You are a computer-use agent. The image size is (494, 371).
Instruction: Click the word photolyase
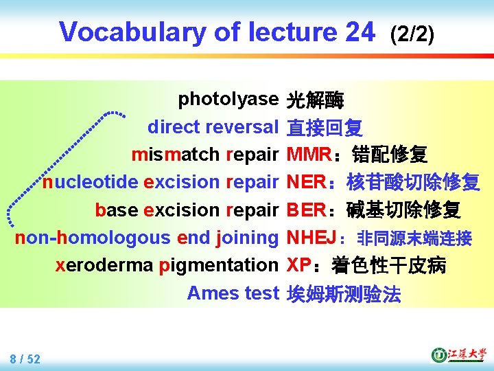(228, 100)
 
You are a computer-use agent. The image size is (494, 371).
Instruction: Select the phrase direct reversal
(212, 127)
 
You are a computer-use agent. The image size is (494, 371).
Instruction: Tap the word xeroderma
(103, 265)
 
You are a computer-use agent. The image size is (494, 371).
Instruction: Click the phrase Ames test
(233, 293)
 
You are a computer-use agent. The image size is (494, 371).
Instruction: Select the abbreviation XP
(298, 265)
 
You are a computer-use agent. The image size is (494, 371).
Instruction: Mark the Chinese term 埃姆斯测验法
(344, 294)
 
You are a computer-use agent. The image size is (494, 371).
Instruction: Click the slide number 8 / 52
(25, 359)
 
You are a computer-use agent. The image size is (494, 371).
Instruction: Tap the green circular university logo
(438, 355)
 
